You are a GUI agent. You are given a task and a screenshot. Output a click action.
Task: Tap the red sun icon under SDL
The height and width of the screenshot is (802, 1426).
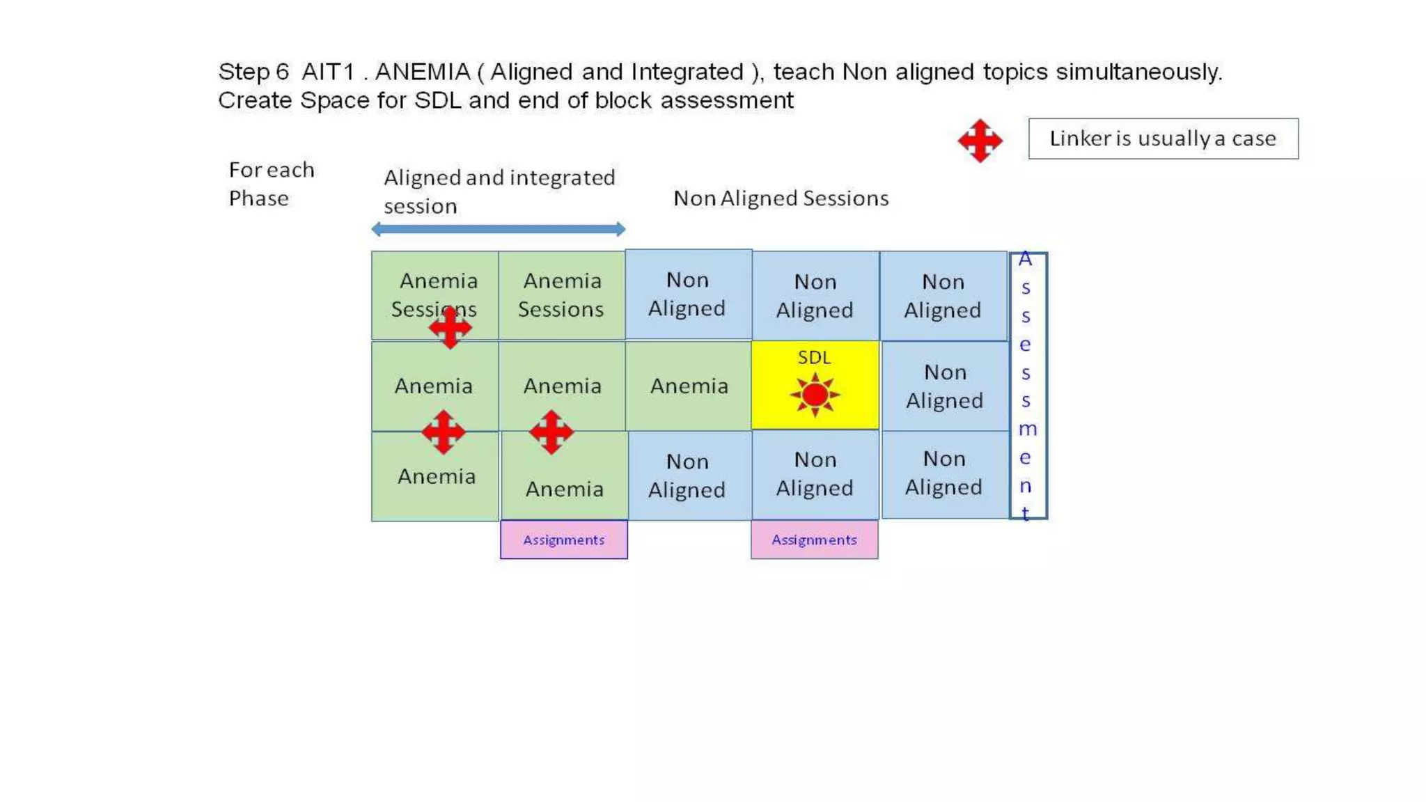pos(815,395)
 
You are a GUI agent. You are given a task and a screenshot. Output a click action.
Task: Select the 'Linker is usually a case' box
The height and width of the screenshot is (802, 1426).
pos(1163,139)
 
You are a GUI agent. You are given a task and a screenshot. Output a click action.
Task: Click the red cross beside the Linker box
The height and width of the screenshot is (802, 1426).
pos(980,141)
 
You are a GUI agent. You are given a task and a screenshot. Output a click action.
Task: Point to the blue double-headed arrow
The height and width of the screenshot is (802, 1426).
pos(499,229)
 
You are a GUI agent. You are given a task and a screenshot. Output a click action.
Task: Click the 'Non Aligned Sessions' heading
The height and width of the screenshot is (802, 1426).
pos(781,198)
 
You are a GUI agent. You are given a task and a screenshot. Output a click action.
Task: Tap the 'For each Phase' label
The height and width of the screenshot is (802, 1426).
pos(272,184)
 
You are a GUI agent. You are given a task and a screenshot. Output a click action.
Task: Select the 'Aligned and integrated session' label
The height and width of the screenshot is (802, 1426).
pos(499,191)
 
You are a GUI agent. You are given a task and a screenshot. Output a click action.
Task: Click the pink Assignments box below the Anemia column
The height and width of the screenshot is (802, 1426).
pos(563,540)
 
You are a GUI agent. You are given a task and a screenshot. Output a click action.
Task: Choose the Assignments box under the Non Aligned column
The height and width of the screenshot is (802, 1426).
pos(814,540)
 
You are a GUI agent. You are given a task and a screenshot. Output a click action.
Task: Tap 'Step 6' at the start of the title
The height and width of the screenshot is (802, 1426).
pos(253,72)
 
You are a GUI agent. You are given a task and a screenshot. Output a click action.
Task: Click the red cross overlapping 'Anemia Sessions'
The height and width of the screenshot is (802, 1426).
pos(450,327)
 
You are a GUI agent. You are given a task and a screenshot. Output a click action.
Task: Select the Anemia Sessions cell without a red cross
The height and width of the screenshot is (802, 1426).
pos(561,295)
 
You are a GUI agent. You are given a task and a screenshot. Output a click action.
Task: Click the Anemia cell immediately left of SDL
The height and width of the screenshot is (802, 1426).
pos(689,386)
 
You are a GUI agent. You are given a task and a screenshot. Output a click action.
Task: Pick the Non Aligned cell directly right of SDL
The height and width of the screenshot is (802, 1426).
pos(944,386)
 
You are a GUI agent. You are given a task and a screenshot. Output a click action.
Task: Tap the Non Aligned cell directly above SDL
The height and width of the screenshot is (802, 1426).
pos(815,296)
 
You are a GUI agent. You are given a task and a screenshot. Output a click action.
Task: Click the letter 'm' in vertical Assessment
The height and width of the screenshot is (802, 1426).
pos(1027,429)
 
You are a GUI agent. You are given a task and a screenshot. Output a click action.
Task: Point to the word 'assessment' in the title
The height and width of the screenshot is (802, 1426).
pos(726,100)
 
